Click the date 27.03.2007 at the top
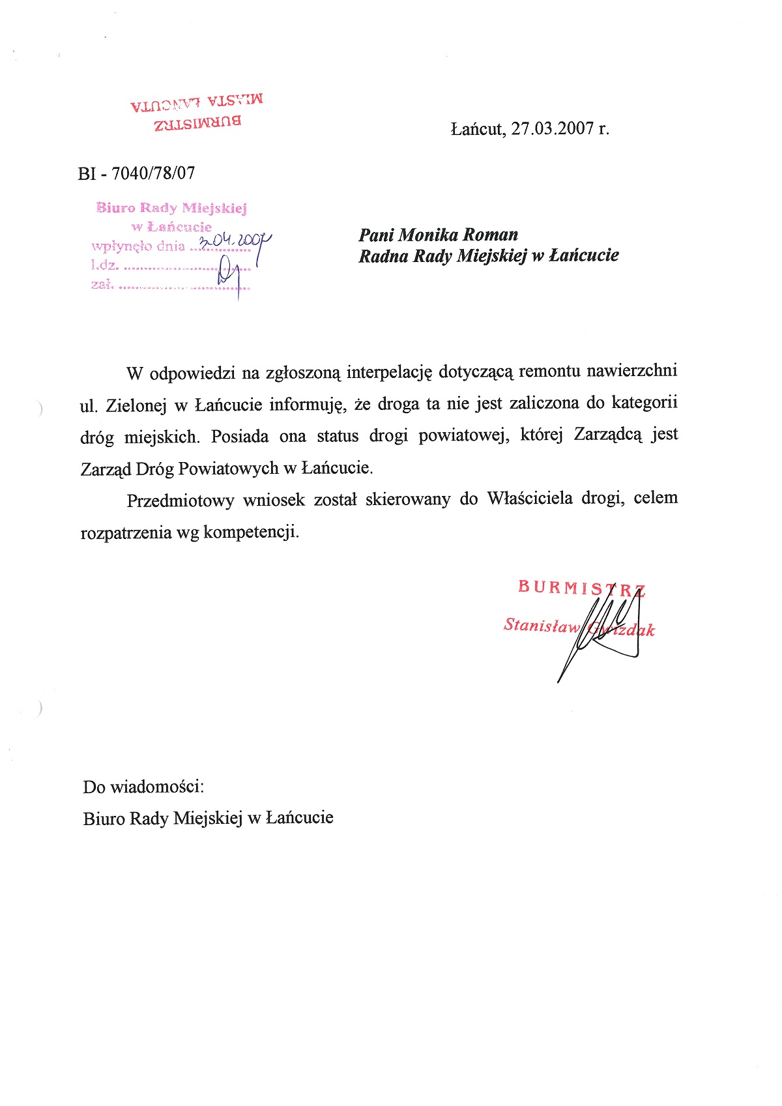tap(551, 128)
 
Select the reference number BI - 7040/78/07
tap(136, 173)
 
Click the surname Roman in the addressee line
tap(488, 235)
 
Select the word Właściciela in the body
tap(529, 499)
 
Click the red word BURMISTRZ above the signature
tap(581, 588)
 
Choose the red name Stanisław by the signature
tap(541, 625)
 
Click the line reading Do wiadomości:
tap(143, 787)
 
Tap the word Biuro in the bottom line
tap(104, 818)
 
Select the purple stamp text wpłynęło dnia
tap(138, 246)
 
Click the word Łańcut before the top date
tap(477, 128)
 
